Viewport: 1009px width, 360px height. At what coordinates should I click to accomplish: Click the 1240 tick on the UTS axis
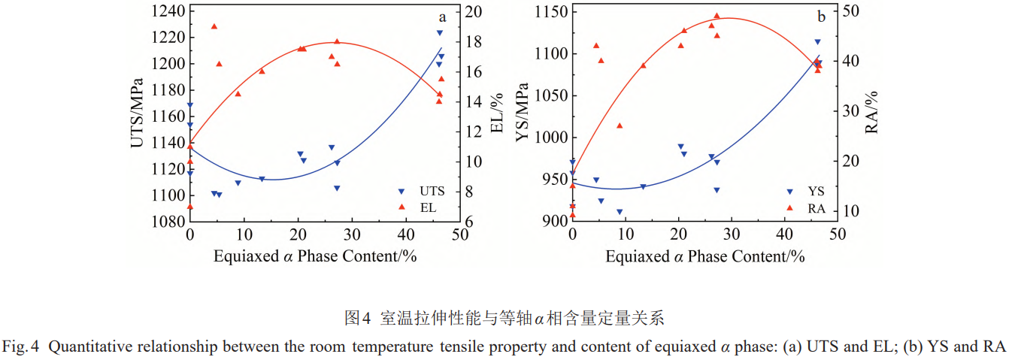pos(166,11)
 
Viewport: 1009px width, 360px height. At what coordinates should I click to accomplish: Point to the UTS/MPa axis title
pos(138,113)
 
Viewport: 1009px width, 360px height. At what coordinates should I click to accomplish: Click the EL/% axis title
pos(497,113)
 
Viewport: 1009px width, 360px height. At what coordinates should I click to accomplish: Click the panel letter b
pos(822,17)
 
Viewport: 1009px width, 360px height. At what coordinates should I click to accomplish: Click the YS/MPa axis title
pos(523,113)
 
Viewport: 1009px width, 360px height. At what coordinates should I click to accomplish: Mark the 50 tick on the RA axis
pos(856,11)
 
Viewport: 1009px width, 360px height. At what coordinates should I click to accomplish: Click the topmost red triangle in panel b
pos(717,16)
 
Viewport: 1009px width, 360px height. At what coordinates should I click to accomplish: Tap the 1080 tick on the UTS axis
pos(166,222)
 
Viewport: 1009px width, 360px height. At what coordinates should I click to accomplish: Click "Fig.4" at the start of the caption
pos(16,347)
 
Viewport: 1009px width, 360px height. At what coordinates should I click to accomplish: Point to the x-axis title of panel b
pos(705,257)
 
